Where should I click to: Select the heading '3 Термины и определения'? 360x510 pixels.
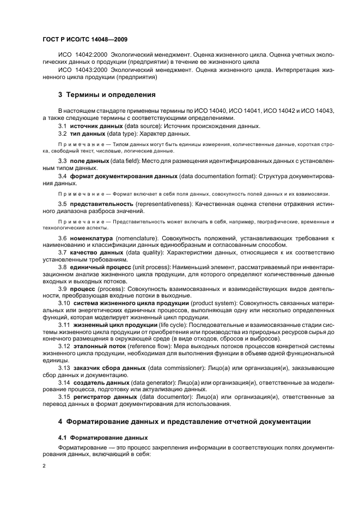tap(107, 94)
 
